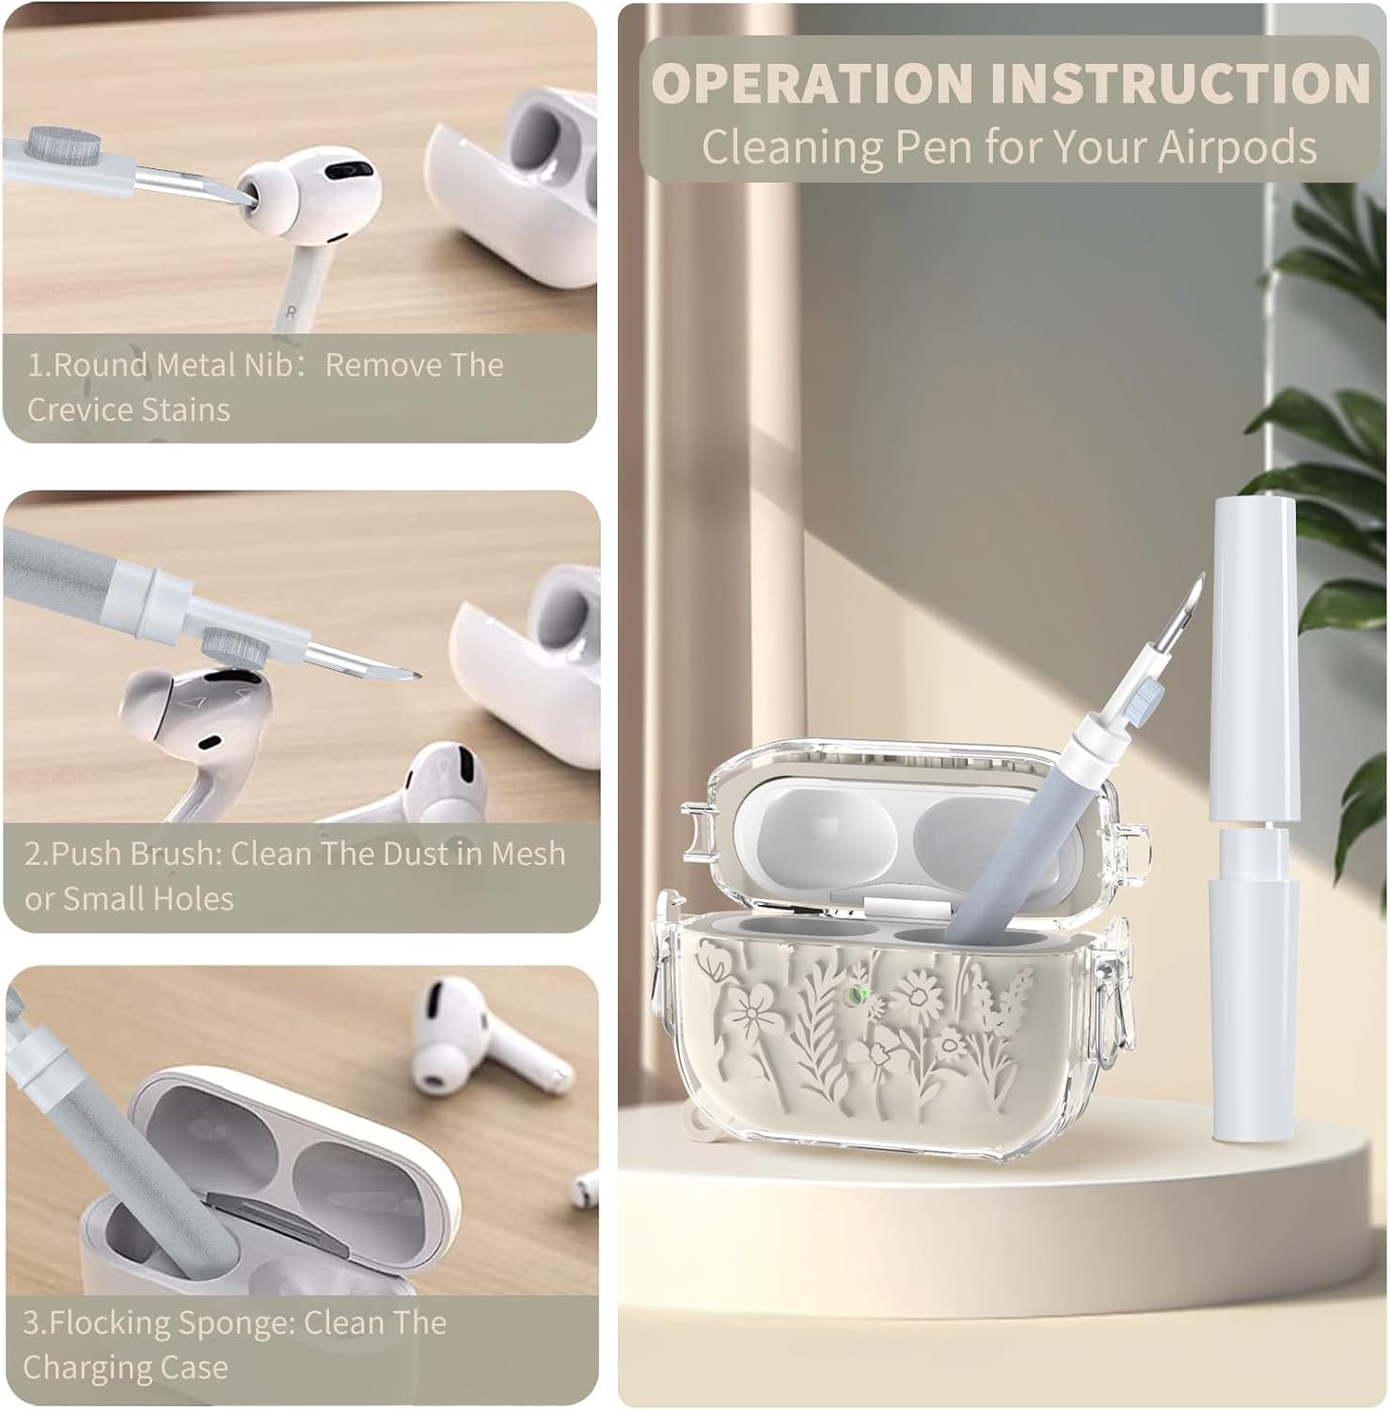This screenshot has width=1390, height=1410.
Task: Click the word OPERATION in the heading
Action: [813, 83]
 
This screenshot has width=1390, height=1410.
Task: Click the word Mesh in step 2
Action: [528, 854]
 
